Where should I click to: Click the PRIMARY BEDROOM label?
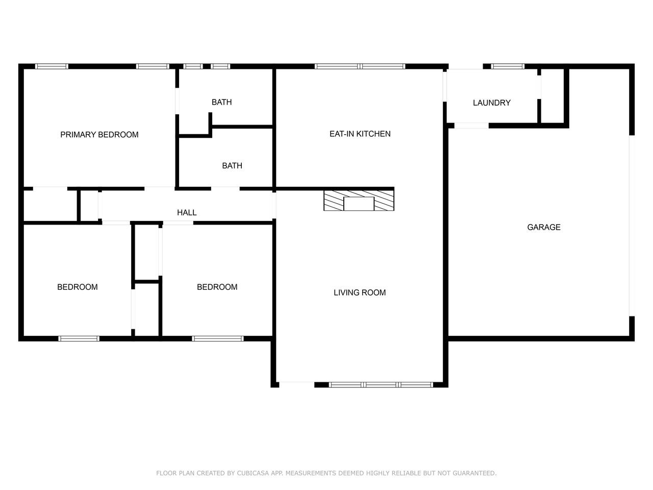pyautogui.click(x=99, y=135)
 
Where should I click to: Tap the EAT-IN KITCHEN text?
pyautogui.click(x=360, y=134)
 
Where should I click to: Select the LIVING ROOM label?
pyautogui.click(x=360, y=292)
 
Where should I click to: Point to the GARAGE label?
pyautogui.click(x=544, y=227)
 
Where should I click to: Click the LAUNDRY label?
pyautogui.click(x=492, y=103)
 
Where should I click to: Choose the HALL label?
pyautogui.click(x=187, y=212)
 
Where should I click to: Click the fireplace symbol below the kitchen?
pyautogui.click(x=359, y=201)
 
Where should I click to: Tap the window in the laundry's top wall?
pyautogui.click(x=508, y=66)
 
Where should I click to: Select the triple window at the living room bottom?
pyautogui.click(x=381, y=385)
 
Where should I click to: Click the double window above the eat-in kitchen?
pyautogui.click(x=360, y=66)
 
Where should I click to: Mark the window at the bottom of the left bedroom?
pyautogui.click(x=79, y=338)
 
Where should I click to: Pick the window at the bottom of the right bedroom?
pyautogui.click(x=218, y=338)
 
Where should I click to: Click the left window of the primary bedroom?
pyautogui.click(x=52, y=66)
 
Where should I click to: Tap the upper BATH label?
pyautogui.click(x=221, y=103)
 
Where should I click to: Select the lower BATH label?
pyautogui.click(x=232, y=166)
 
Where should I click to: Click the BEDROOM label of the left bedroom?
pyautogui.click(x=78, y=287)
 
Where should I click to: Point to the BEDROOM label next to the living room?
pyautogui.click(x=217, y=287)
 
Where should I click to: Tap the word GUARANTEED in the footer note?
pyautogui.click(x=474, y=473)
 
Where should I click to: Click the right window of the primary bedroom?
pyautogui.click(x=153, y=66)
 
